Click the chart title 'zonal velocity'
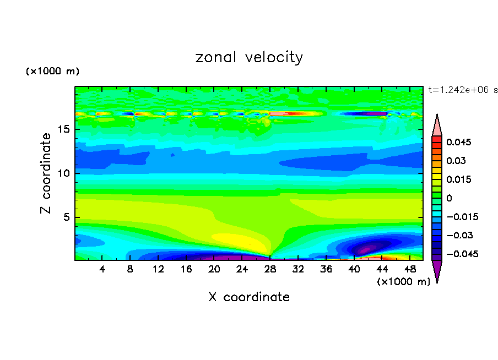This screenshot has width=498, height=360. click(x=249, y=57)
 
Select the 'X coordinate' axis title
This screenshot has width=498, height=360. click(x=249, y=297)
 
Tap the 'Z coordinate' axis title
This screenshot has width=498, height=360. click(x=47, y=173)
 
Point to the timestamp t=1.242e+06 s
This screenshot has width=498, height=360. click(x=463, y=90)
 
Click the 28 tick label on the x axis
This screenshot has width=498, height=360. click(x=270, y=269)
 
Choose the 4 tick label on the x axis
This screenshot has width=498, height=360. click(x=102, y=269)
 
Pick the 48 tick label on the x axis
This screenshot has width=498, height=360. click(x=409, y=269)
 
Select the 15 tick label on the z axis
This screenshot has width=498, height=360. click(x=65, y=130)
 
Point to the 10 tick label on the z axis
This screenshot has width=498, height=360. click(x=65, y=173)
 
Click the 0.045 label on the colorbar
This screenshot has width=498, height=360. click(x=459, y=142)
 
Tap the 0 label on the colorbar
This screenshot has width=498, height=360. click(x=449, y=198)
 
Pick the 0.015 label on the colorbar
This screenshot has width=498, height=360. click(x=459, y=179)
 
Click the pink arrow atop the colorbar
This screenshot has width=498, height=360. click(x=437, y=125)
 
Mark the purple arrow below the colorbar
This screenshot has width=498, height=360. click(x=437, y=271)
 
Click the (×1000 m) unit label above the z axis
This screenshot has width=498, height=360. click(x=52, y=72)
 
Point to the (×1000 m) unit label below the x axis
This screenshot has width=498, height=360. click(x=403, y=282)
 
